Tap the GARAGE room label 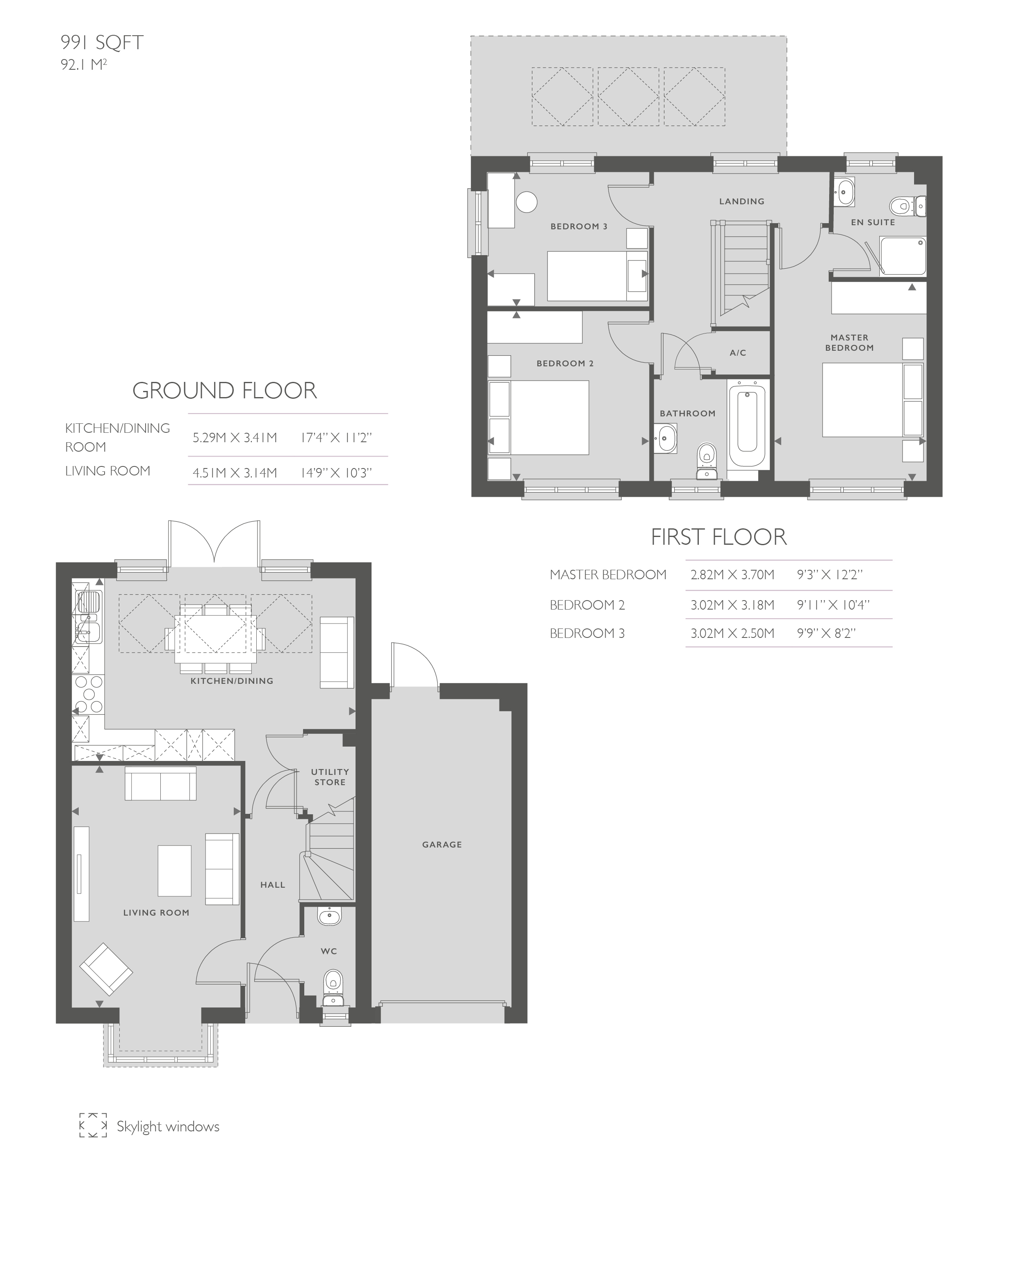[442, 844]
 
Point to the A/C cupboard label [738, 353]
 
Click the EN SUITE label [873, 222]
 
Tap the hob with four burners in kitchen [89, 694]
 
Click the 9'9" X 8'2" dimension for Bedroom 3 [826, 633]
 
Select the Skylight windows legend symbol [93, 1125]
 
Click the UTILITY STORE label [330, 777]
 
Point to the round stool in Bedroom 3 [527, 202]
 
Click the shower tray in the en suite [903, 256]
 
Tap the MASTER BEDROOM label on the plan [849, 342]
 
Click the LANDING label [742, 201]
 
